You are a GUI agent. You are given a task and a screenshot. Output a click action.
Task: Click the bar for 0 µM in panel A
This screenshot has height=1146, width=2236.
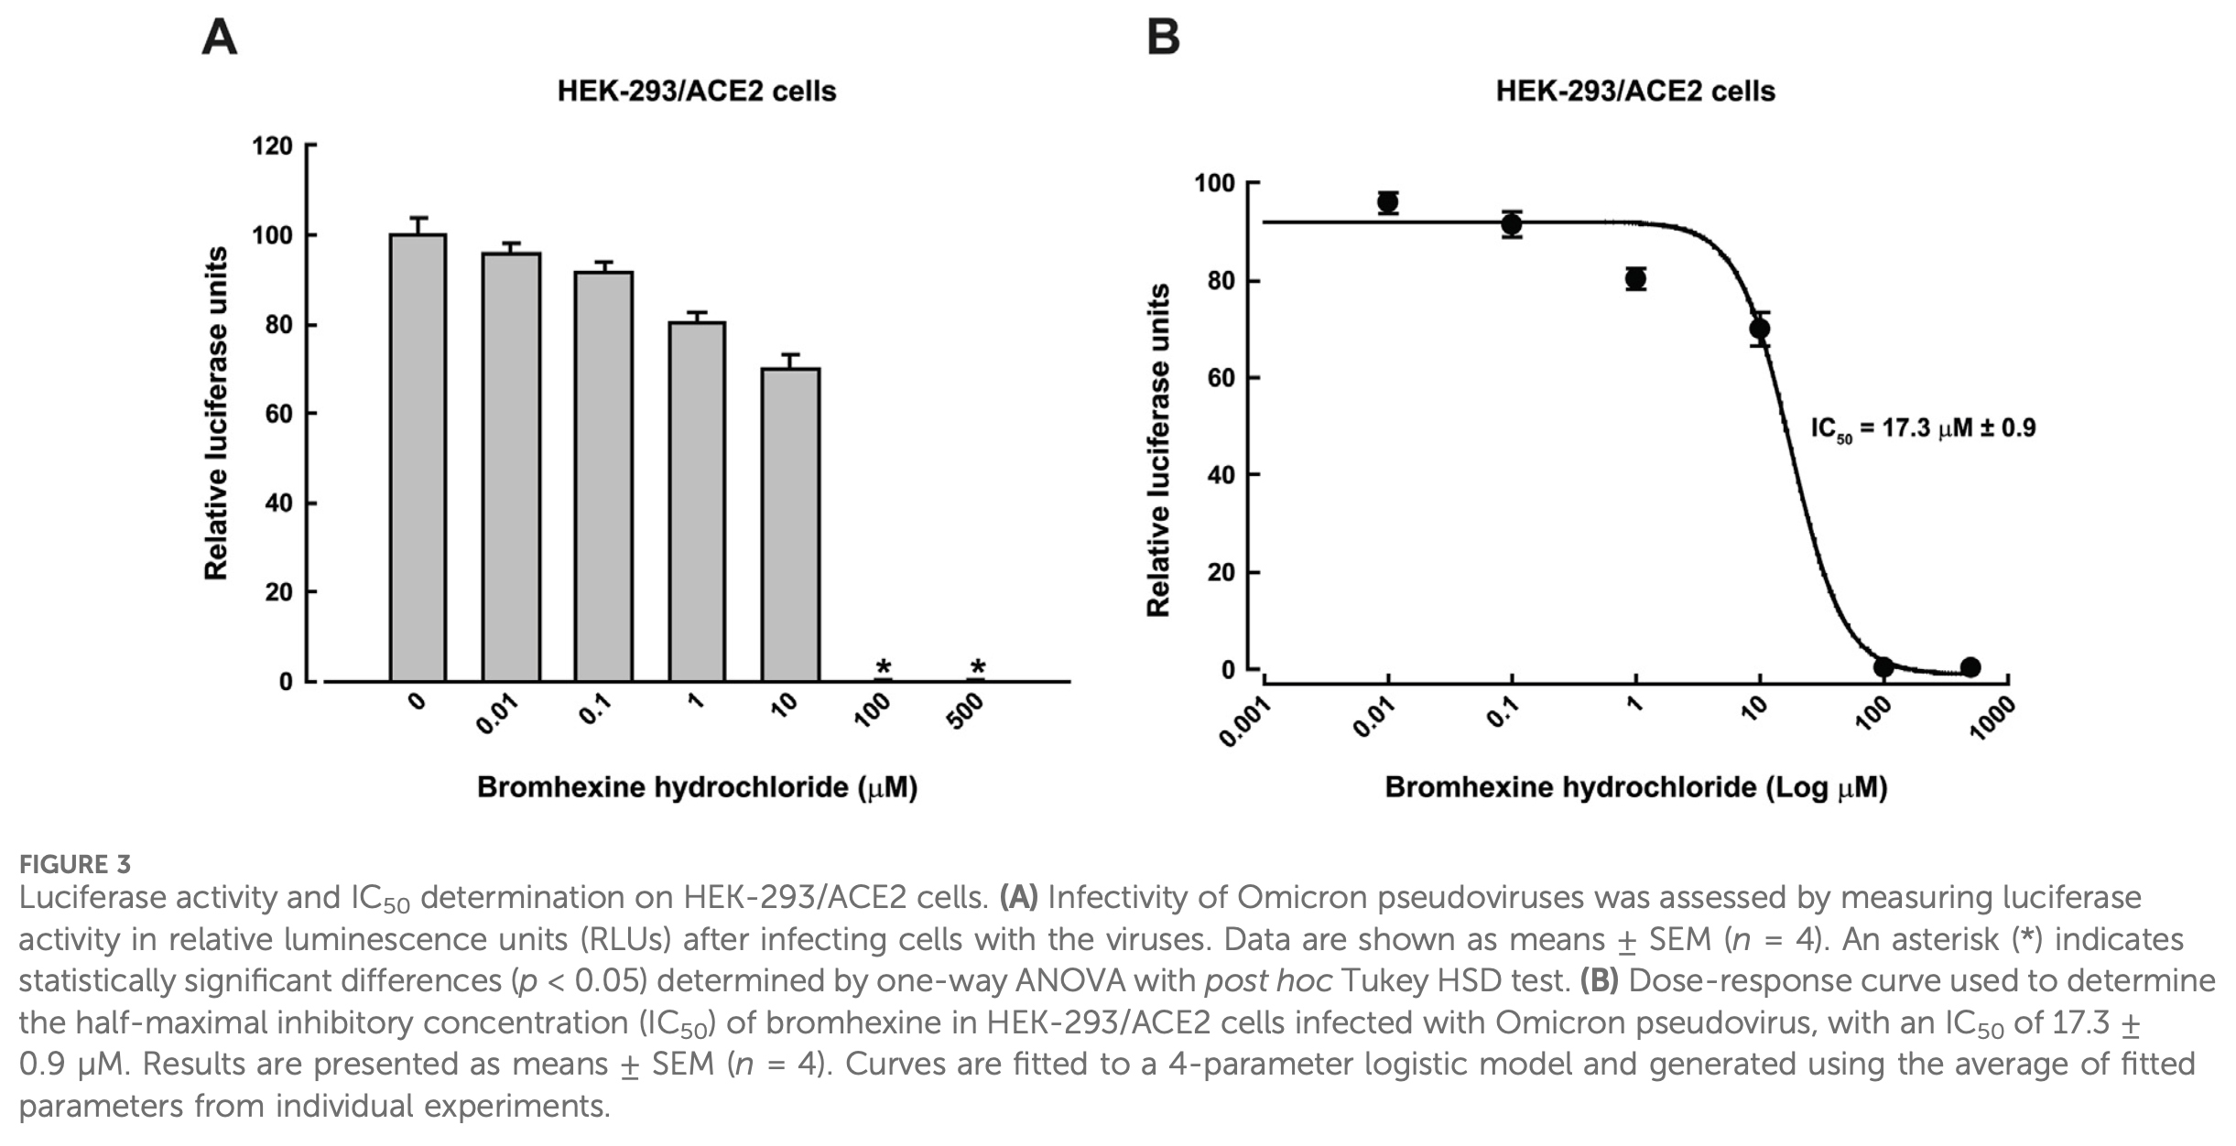pyautogui.click(x=418, y=458)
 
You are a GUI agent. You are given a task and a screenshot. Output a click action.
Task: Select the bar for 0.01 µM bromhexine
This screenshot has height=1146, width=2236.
pyautogui.click(x=511, y=467)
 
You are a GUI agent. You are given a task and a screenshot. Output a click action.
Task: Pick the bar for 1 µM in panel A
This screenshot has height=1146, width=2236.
pyautogui.click(x=697, y=502)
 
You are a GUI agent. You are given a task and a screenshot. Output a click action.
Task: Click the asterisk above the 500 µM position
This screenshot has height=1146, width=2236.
pyautogui.click(x=977, y=668)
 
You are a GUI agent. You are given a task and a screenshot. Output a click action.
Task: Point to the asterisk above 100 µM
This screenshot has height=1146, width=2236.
pyautogui.click(x=884, y=668)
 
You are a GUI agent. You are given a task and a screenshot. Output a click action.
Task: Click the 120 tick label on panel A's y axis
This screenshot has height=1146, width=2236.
pyautogui.click(x=272, y=146)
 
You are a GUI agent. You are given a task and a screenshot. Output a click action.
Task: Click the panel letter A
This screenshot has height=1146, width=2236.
pyautogui.click(x=219, y=38)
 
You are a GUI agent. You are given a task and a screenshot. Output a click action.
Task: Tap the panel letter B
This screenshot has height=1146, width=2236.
pyautogui.click(x=1163, y=38)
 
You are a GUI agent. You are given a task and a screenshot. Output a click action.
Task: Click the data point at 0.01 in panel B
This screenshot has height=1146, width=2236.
pyautogui.click(x=1388, y=202)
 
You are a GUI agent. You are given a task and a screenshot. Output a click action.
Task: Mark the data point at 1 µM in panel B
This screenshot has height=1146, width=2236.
pyautogui.click(x=1635, y=279)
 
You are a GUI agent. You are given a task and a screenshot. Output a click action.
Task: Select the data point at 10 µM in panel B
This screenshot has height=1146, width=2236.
pyautogui.click(x=1759, y=329)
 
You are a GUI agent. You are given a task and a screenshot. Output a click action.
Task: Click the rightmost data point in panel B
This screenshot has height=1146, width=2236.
pyautogui.click(x=1970, y=667)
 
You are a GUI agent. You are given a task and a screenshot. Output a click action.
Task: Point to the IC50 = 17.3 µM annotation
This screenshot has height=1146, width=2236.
pyautogui.click(x=1923, y=428)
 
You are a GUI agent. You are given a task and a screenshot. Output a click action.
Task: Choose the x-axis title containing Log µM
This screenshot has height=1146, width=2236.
pyautogui.click(x=1635, y=788)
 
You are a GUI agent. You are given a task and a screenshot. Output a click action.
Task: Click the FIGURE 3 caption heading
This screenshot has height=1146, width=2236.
pyautogui.click(x=75, y=865)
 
